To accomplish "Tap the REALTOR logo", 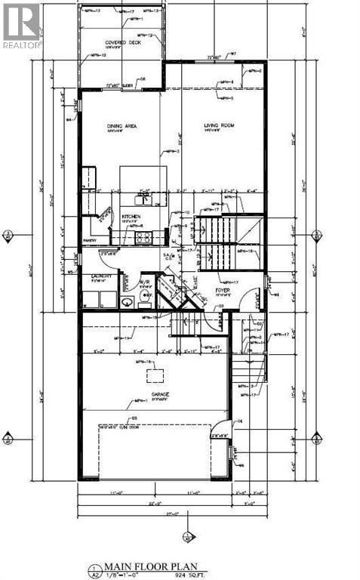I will [x=21, y=24].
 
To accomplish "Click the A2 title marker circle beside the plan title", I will [x=92, y=569].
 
